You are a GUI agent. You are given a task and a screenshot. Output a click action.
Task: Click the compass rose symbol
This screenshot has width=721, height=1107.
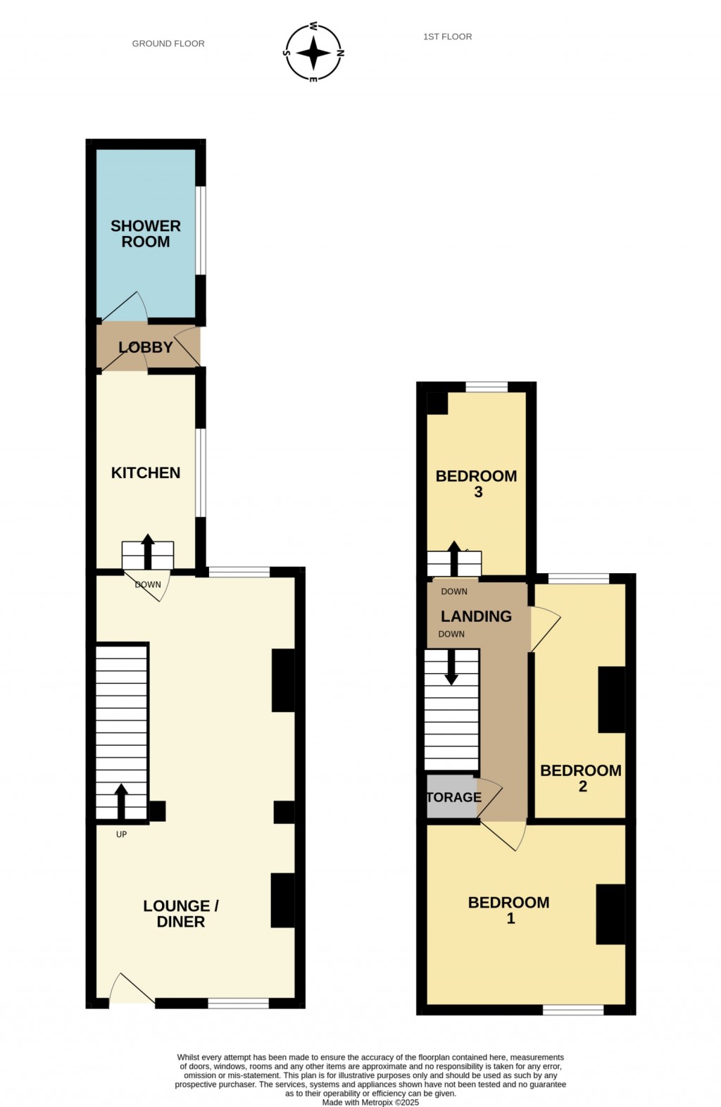[313, 53]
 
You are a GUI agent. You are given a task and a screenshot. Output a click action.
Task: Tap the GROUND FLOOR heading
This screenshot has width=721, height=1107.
[168, 44]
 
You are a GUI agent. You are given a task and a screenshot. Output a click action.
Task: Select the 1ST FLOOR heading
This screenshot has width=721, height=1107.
[447, 37]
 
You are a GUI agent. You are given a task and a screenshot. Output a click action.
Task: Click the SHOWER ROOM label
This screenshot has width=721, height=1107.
[146, 234]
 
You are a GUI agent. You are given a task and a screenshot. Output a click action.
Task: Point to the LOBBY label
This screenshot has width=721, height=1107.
[146, 347]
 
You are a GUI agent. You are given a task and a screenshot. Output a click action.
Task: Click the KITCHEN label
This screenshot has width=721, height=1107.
[146, 473]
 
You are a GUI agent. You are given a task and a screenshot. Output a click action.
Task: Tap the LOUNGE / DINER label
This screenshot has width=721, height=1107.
[181, 913]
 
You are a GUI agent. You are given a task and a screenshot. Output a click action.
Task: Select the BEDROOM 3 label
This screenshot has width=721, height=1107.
[477, 484]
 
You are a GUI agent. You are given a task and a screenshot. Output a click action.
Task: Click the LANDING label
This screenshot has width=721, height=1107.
[476, 616]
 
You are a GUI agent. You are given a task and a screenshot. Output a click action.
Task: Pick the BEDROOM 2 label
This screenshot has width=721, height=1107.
[581, 778]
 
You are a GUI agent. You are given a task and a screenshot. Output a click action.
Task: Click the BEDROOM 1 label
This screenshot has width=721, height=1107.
[509, 910]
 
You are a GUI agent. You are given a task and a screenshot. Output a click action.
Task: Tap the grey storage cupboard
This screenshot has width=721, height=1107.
[451, 797]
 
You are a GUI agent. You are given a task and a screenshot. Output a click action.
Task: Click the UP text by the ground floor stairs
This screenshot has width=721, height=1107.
[121, 834]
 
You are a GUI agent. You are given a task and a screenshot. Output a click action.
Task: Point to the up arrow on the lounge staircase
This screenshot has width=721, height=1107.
[121, 801]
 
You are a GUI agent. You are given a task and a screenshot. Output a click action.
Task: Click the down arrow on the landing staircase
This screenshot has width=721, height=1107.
[451, 668]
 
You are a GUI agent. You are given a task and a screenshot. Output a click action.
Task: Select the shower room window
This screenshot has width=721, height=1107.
[201, 230]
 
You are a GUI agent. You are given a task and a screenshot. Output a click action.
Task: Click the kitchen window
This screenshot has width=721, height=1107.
[201, 473]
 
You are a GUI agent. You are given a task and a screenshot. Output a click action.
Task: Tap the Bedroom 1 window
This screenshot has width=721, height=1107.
[573, 1011]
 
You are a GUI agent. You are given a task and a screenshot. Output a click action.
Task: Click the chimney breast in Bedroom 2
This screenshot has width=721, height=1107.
[611, 699]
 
